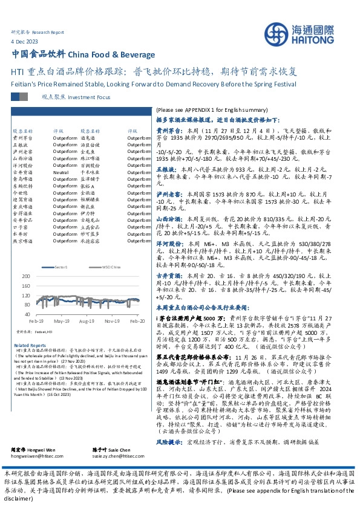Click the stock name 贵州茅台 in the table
tap(22, 138)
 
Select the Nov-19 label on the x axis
tap(113, 322)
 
